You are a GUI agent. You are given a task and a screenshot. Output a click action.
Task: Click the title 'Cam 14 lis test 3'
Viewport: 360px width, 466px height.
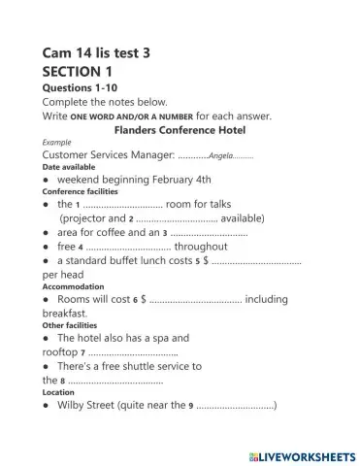point(100,51)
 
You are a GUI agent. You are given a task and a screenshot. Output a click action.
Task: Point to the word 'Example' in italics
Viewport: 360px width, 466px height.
point(58,142)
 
